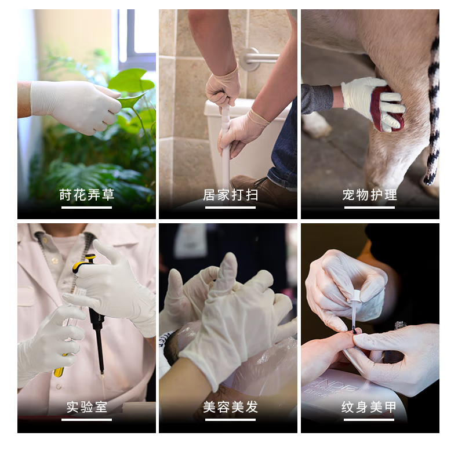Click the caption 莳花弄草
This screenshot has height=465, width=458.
[x=86, y=195]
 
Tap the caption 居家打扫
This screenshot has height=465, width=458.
[x=230, y=195]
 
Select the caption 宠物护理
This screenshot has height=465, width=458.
[x=369, y=195]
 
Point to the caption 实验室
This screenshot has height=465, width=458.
[x=86, y=407]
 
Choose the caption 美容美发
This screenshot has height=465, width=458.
[x=230, y=407]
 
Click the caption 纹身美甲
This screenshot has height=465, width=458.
[x=369, y=407]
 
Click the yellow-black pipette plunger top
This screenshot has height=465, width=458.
[x=84, y=263]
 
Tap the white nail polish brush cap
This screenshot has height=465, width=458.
[x=354, y=297]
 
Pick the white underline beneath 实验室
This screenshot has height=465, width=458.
[x=86, y=420]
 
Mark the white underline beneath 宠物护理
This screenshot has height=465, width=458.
[x=369, y=208]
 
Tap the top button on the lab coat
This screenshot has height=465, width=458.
[x=55, y=260]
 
